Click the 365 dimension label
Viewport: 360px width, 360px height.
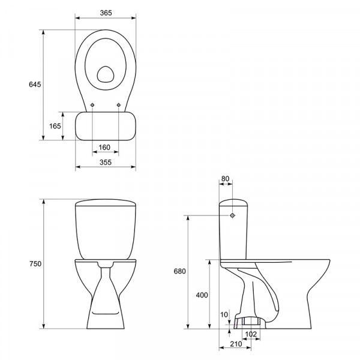[x=106, y=13]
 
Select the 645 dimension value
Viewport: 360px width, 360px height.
[x=35, y=85]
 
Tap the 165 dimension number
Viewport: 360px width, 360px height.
[x=55, y=126]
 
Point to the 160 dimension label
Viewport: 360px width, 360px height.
[x=104, y=147]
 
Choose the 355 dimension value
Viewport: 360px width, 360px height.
[x=106, y=163]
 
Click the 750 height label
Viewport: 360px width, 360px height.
[x=35, y=264]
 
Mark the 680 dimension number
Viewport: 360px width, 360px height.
[x=179, y=271]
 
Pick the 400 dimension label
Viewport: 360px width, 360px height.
[x=202, y=295]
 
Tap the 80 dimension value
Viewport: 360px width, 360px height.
[x=226, y=178]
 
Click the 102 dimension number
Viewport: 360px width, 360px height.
[x=251, y=334]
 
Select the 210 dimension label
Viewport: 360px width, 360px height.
[x=236, y=344]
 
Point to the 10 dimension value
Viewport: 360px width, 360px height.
[x=224, y=314]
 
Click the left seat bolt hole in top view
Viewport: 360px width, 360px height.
[x=92, y=105]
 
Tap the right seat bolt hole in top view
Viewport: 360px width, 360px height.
[x=118, y=105]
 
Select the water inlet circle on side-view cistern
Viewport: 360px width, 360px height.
[x=232, y=215]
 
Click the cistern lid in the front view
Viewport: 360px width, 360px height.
[x=106, y=203]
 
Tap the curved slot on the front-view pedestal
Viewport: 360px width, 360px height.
[x=106, y=313]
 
